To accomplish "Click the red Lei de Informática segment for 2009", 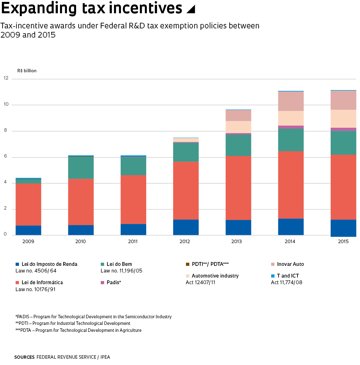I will click(28, 204).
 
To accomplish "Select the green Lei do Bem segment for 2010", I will click(81, 167).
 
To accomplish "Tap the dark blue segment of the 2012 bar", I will click(186, 227).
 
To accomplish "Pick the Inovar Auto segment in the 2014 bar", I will click(291, 101).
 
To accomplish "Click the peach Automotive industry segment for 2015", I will click(343, 119).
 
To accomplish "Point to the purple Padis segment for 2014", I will click(291, 127).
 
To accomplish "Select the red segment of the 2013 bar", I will click(238, 188).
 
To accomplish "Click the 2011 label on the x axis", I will click(133, 242).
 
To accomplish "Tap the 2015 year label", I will click(343, 242).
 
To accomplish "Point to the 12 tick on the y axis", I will click(6, 78).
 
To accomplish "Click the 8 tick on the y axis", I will click(5, 130).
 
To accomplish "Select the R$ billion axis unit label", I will click(27, 71).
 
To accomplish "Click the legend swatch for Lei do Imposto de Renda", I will click(17, 264).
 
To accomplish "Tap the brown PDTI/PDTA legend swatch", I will click(188, 264).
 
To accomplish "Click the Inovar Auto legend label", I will click(290, 264).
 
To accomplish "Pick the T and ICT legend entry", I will click(288, 276).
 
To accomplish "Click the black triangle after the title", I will click(191, 9).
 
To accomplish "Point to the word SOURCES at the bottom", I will click(24, 357).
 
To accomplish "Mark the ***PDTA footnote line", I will click(78, 330).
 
